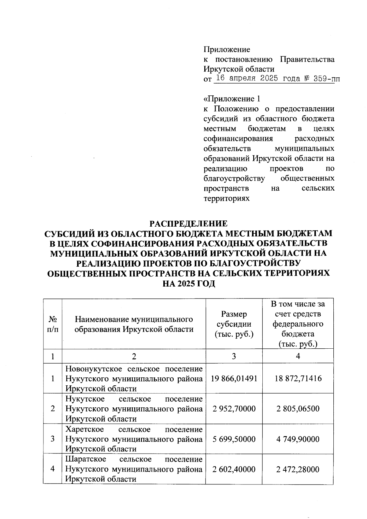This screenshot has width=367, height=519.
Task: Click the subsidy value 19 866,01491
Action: point(234,378)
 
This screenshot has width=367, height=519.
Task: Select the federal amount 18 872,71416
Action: point(298,378)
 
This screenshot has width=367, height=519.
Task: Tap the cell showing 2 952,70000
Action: point(234,409)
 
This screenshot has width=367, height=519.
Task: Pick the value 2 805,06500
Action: point(298,409)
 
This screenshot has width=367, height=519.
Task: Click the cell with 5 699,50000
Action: point(234,439)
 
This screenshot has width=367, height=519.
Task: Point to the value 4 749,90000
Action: point(298,439)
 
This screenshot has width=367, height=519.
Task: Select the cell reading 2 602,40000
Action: point(234,469)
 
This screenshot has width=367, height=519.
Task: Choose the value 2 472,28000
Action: point(298,469)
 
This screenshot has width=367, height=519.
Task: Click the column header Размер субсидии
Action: point(234,324)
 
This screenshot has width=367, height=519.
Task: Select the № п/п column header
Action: point(53,324)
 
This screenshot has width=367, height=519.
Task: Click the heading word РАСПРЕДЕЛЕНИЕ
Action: point(188,224)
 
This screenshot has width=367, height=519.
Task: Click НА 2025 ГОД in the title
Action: point(189,284)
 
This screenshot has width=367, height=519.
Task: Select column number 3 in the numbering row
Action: point(234,356)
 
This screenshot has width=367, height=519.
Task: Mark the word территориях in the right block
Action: point(227,198)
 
